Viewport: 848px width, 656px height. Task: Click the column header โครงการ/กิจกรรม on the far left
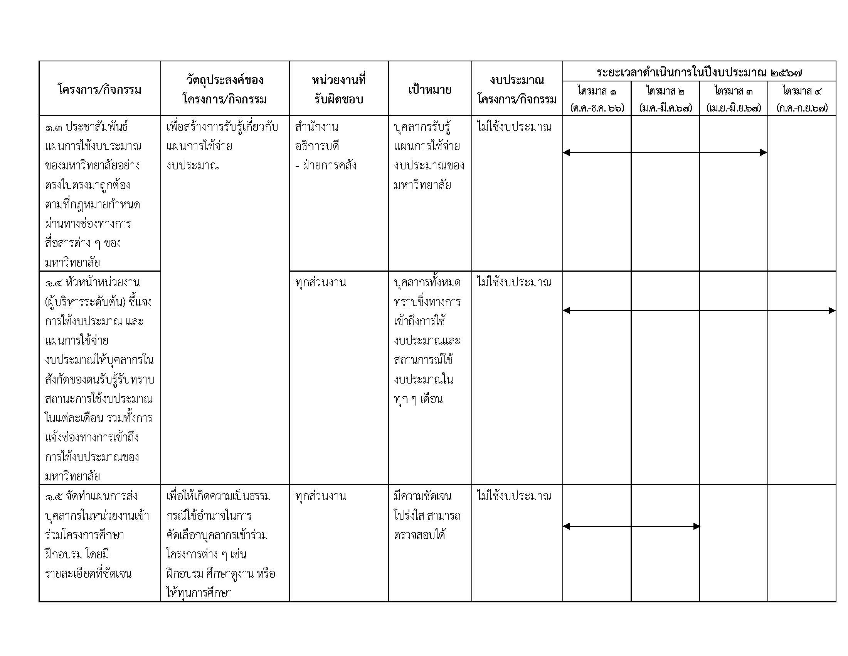click(x=99, y=90)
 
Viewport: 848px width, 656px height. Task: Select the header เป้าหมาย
click(x=429, y=90)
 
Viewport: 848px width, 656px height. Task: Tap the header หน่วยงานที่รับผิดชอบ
click(x=338, y=90)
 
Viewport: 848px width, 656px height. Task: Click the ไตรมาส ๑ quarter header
click(x=597, y=91)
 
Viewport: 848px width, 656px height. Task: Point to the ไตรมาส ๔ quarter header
click(x=802, y=91)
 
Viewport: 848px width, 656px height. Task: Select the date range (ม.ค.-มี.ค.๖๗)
click(x=665, y=108)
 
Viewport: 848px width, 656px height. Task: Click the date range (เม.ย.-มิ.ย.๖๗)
click(x=734, y=108)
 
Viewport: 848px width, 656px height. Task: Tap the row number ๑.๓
click(x=54, y=127)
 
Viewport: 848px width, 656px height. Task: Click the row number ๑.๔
click(x=54, y=282)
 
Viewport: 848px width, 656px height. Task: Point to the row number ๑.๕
click(x=54, y=497)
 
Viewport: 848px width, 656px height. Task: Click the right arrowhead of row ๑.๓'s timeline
click(x=763, y=152)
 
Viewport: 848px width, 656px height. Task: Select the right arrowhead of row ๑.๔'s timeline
click(x=832, y=310)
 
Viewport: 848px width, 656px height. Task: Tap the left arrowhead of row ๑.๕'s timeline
click(x=567, y=526)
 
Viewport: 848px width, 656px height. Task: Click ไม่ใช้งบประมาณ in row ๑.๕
click(x=514, y=496)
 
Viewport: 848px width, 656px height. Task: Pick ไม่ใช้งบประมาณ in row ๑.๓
click(x=514, y=127)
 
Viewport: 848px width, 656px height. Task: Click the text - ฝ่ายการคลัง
click(x=325, y=166)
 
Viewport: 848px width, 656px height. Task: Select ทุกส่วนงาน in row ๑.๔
click(x=320, y=282)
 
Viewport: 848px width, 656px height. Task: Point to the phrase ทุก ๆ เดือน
click(x=418, y=399)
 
